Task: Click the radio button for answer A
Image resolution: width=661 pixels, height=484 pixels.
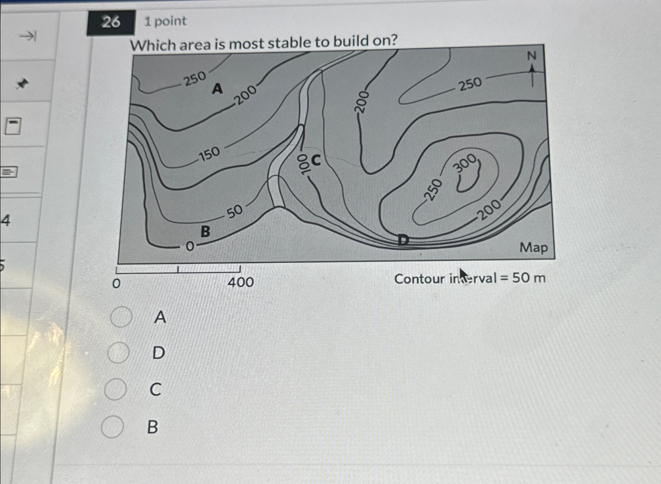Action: tap(121, 317)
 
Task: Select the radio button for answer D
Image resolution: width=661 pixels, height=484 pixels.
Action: tap(118, 352)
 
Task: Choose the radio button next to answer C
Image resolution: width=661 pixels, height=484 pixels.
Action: tap(116, 389)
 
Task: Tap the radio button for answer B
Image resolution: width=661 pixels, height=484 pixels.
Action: tap(112, 427)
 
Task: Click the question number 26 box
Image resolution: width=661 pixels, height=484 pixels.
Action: tap(110, 22)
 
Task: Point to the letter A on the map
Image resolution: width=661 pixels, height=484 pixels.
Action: tap(217, 89)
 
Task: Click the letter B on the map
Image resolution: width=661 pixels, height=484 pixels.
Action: tap(205, 231)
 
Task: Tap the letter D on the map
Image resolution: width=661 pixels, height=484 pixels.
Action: tap(403, 240)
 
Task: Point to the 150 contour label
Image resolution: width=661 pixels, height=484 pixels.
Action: tap(209, 154)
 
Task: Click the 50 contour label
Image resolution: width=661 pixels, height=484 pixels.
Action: tap(235, 211)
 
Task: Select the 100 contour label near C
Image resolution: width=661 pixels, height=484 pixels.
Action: tap(303, 164)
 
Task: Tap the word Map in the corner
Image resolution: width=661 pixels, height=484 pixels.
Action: tap(534, 248)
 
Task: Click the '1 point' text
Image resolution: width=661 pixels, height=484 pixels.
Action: tap(165, 21)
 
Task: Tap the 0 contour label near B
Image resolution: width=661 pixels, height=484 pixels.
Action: tap(190, 247)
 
